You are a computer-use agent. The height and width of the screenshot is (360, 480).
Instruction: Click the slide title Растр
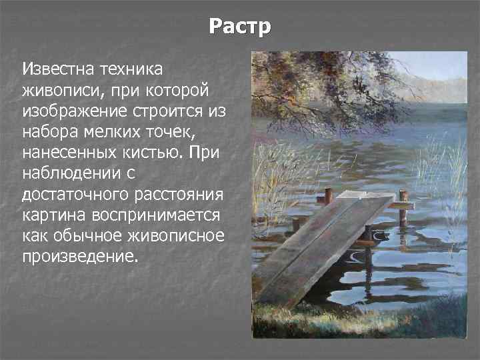(240, 27)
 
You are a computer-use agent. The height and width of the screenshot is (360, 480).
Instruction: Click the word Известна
(58, 68)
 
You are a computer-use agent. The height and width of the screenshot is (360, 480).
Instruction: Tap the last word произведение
(78, 257)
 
